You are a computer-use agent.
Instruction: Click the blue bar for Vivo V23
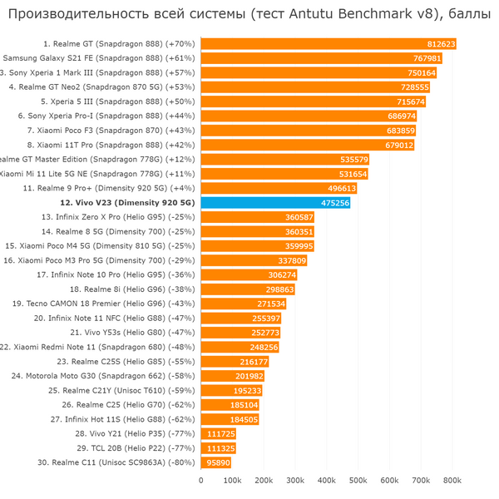tap(274, 202)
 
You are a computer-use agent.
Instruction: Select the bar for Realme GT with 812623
tap(328, 44)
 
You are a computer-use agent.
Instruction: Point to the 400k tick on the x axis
tap(327, 480)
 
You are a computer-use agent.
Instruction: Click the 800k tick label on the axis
tap(452, 480)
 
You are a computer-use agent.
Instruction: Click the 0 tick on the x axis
tap(200, 480)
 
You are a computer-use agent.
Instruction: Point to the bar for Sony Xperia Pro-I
tap(308, 116)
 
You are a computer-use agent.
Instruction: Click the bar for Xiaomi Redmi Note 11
tap(240, 347)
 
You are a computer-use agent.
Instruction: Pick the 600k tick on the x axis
tap(389, 480)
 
